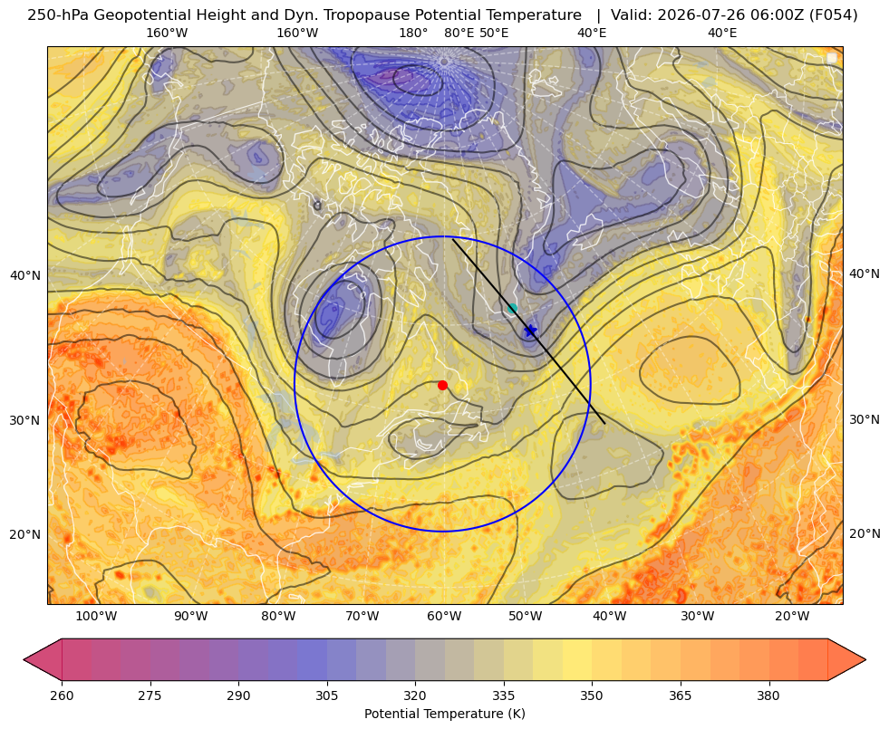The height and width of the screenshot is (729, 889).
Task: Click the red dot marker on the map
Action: (x=442, y=385)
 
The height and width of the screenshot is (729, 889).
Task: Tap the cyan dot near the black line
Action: (x=512, y=309)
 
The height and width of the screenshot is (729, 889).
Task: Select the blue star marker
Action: (x=530, y=331)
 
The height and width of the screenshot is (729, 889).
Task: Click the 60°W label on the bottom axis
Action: (x=443, y=617)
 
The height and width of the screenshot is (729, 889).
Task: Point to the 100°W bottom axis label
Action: (x=96, y=617)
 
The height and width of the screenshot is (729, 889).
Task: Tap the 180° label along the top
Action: (x=413, y=33)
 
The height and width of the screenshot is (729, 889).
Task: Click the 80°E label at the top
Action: (x=459, y=33)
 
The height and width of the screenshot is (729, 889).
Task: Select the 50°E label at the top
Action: (x=494, y=33)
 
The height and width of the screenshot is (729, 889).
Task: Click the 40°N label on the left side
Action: (x=25, y=276)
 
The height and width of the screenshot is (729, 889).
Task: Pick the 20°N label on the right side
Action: (x=865, y=533)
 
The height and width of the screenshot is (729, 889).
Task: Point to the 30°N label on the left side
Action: (x=25, y=421)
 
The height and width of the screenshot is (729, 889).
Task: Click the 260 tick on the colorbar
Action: (x=62, y=695)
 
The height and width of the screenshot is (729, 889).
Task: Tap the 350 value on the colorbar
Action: (x=592, y=695)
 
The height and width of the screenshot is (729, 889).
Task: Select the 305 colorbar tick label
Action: (x=326, y=695)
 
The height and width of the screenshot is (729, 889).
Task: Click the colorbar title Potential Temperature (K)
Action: (x=444, y=714)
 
